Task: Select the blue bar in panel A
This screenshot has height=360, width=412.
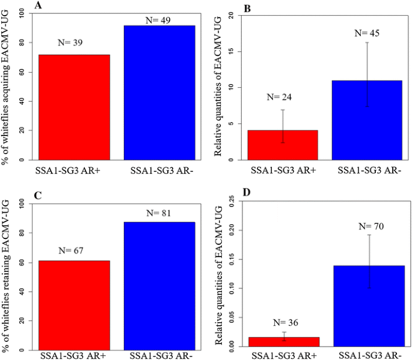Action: [x=158, y=93]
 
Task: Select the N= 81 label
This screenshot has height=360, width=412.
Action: [x=159, y=213]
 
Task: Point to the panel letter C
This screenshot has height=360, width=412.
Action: [x=39, y=196]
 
